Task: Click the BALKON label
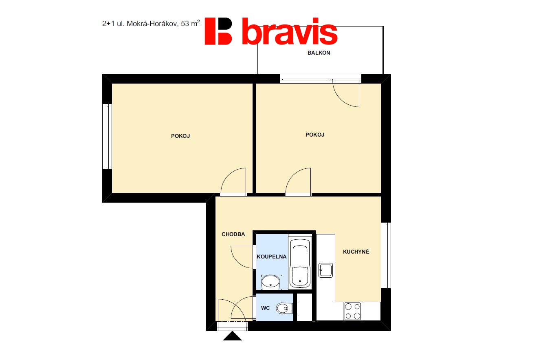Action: point(319,53)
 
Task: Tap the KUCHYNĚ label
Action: point(356,252)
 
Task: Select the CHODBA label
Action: point(233,234)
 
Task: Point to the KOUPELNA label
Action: point(271,257)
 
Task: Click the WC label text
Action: point(265,308)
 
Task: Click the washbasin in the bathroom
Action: point(270,283)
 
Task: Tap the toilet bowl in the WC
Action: point(284,309)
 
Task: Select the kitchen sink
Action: point(325,270)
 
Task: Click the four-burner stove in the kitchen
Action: point(353,311)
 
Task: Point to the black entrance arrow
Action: point(232,336)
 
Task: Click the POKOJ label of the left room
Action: point(180,136)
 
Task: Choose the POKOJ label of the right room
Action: point(314,135)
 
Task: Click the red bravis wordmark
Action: point(290,31)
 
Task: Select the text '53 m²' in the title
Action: point(190,23)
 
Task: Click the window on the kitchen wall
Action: point(386,256)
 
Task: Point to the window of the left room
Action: point(107,137)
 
